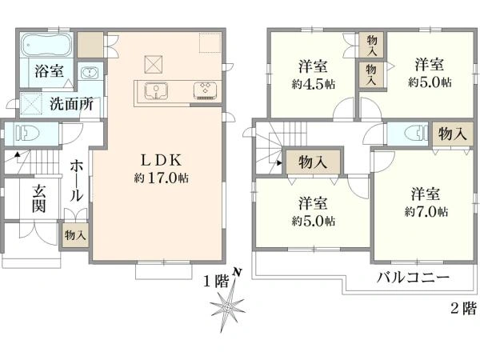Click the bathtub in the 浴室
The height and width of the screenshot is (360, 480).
click(x=47, y=45)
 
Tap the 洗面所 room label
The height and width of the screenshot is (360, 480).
click(x=71, y=104)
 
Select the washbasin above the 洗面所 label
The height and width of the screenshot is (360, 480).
click(x=90, y=73)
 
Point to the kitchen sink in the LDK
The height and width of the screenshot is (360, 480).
click(x=156, y=90)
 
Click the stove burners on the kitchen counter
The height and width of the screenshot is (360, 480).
click(x=206, y=90)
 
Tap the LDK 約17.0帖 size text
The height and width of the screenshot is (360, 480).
click(x=161, y=178)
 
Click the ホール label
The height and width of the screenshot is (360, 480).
click(x=76, y=182)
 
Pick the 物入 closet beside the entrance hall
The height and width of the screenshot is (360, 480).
click(x=74, y=235)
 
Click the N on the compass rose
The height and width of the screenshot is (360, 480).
click(x=237, y=272)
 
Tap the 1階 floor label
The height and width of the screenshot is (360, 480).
click(x=216, y=282)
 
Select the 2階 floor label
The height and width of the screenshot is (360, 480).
click(x=463, y=308)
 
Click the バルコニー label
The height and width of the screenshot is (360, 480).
click(x=413, y=278)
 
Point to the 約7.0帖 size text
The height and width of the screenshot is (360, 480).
click(x=426, y=212)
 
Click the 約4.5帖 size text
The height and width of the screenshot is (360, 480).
click(x=313, y=84)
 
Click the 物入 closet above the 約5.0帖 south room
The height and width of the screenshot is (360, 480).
click(x=313, y=162)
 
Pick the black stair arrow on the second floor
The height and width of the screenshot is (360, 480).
click(x=279, y=163)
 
